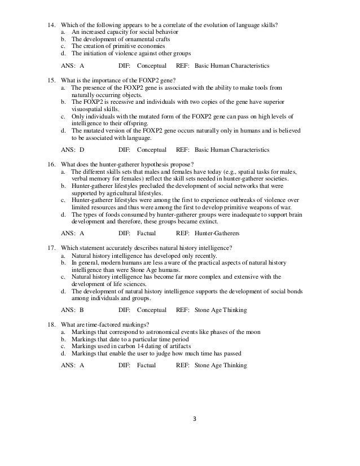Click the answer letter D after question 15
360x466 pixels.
82,150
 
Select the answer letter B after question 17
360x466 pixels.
82,310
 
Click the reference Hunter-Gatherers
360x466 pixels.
217,232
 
